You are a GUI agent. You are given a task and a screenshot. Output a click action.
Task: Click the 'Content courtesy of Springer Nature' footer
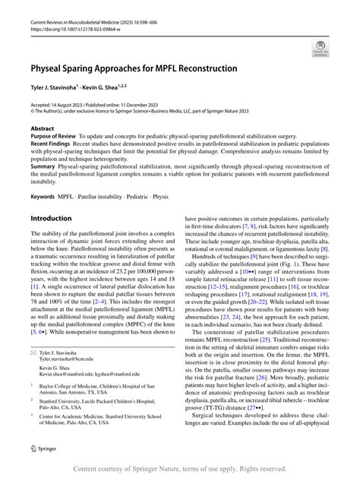point(180,470)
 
